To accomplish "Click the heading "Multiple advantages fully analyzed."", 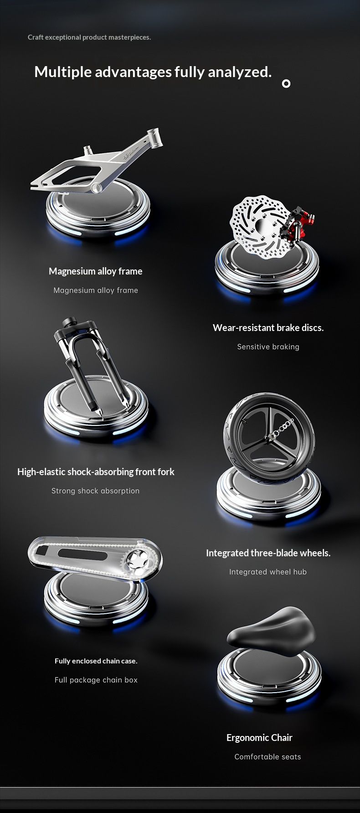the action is point(153,72).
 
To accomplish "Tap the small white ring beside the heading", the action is point(286,83).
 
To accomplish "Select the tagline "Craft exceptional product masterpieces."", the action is point(89,37).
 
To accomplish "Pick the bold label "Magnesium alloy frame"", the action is point(96,271).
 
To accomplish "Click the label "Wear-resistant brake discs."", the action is point(268,328).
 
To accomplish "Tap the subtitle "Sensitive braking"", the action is point(268,347).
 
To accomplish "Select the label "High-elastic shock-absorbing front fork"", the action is point(96,472).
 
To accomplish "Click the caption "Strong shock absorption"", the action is point(96,491).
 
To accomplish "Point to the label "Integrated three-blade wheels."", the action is point(268,553).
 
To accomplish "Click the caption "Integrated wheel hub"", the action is point(268,572).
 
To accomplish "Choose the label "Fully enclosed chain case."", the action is point(96,661).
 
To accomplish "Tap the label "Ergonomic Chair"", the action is point(259,738).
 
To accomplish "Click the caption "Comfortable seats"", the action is point(268,757).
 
